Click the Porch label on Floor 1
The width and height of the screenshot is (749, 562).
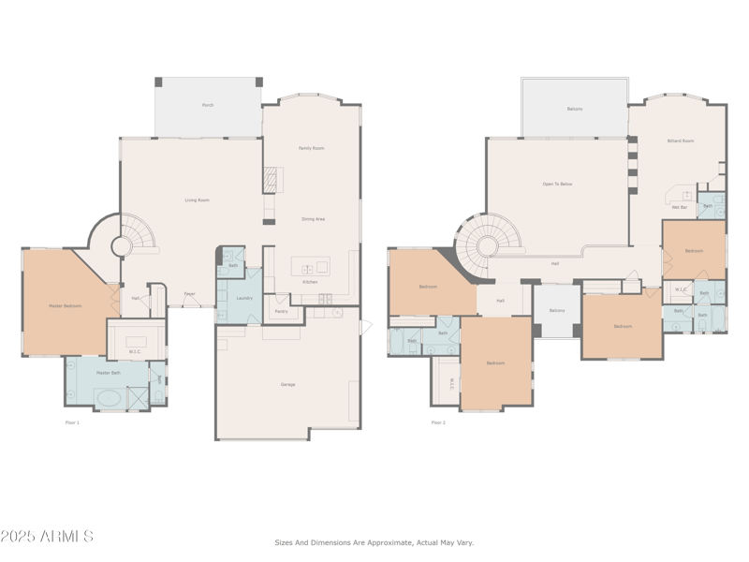click(208, 105)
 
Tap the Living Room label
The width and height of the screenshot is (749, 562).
click(197, 200)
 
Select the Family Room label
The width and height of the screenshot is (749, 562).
click(311, 148)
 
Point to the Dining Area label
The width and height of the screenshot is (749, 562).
click(313, 219)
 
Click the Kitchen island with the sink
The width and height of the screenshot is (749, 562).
click(310, 266)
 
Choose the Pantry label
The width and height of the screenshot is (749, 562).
click(281, 310)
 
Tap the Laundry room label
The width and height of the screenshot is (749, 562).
click(244, 298)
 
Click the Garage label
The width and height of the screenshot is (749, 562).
click(287, 384)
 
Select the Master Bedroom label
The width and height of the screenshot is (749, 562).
click(66, 306)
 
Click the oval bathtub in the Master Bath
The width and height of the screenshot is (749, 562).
click(109, 398)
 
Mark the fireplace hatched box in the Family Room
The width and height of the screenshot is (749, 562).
click(271, 178)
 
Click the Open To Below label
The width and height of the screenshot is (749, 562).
click(557, 184)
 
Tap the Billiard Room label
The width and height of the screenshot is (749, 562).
click(681, 140)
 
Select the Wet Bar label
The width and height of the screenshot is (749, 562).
click(680, 207)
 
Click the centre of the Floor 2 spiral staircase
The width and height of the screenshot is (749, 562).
click(487, 246)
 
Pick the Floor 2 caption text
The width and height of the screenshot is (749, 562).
click(438, 422)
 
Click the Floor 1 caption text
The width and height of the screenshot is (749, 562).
click(72, 422)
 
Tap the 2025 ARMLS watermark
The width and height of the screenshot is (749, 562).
click(47, 537)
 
